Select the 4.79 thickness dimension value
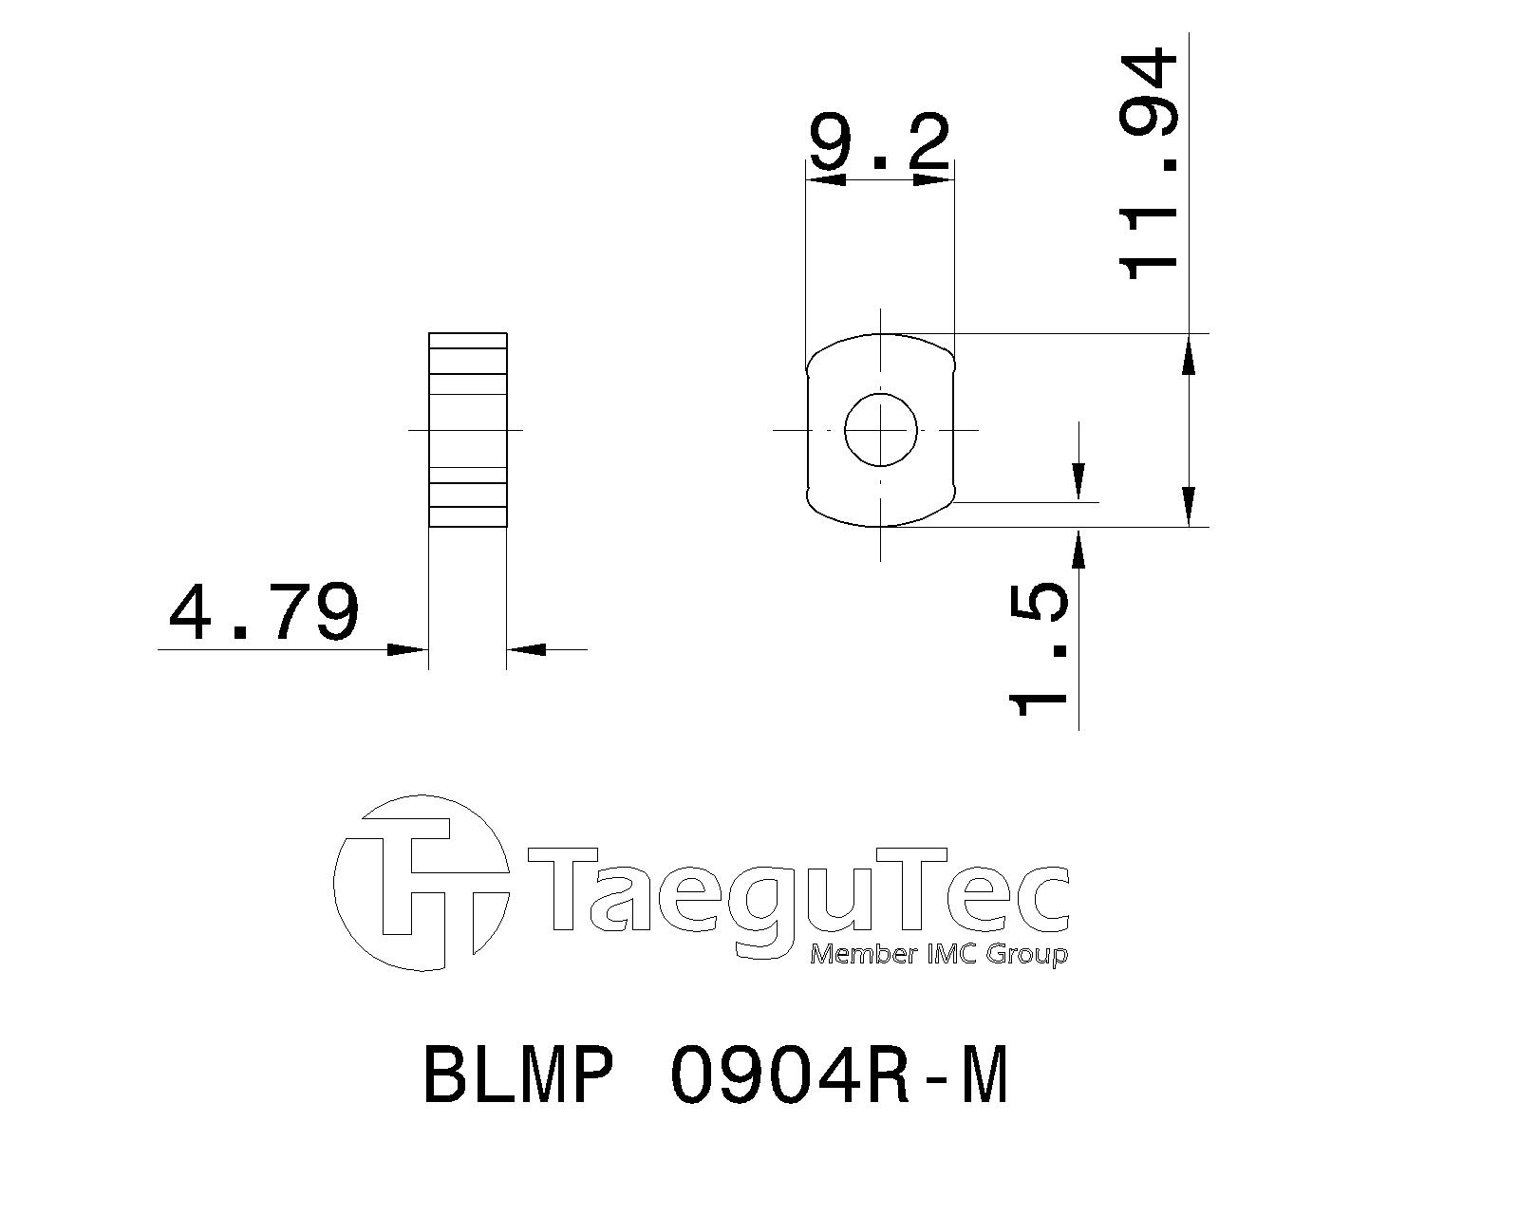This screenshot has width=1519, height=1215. coord(264,612)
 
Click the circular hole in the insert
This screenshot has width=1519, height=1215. coord(881,430)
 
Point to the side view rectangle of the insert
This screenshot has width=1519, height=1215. coord(467,430)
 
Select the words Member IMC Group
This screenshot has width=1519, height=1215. coord(938,954)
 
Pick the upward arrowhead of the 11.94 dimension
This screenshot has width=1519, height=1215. coord(1190,356)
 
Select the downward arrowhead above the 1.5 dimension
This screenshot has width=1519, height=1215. coord(1078,479)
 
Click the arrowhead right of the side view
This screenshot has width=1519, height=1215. coord(527,649)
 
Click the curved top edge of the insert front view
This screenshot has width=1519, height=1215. coord(881,335)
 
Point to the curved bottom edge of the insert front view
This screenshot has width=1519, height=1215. coord(881,524)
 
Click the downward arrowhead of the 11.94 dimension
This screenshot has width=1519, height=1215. coord(1190,503)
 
